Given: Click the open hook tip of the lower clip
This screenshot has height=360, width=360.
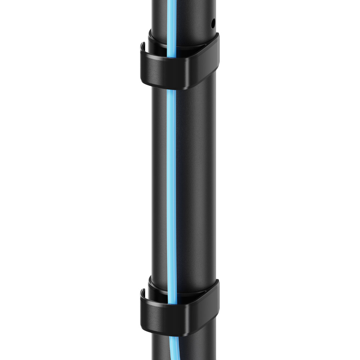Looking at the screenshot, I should tap(143, 292).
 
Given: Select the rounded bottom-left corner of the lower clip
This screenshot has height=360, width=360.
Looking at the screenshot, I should tap(145, 328).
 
